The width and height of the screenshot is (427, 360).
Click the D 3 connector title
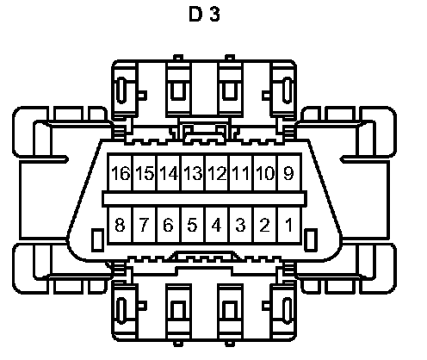click(204, 14)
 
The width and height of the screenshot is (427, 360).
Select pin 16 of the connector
click(121, 173)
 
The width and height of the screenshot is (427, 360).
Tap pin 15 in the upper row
click(145, 173)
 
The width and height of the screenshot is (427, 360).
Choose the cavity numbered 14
click(169, 173)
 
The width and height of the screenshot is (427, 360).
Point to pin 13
click(193, 173)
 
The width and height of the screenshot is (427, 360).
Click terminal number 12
click(217, 173)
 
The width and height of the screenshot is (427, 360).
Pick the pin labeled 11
click(241, 173)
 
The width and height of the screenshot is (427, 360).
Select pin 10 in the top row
click(265, 173)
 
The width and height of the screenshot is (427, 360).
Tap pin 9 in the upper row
click(289, 173)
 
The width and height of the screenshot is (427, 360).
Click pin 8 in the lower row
click(121, 226)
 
